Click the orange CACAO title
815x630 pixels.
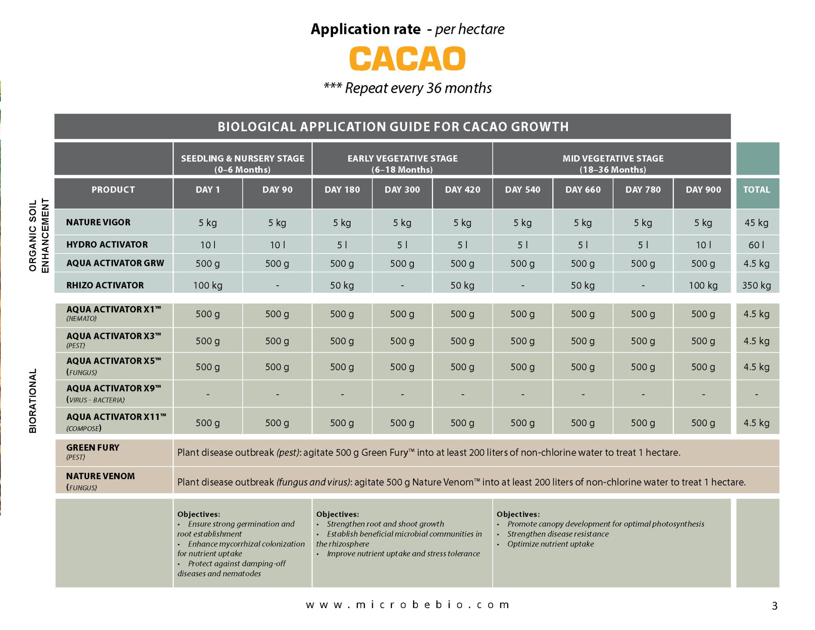[x=407, y=59]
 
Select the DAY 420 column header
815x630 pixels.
[x=462, y=190]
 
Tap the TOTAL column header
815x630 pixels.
[x=757, y=190]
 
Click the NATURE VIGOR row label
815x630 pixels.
[x=98, y=222]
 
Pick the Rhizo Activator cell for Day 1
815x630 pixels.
[x=208, y=285]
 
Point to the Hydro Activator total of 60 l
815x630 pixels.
[x=756, y=245]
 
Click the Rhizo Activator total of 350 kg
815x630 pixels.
[x=756, y=285]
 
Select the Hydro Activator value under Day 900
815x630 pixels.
[x=703, y=245]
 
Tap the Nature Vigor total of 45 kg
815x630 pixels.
[x=756, y=223]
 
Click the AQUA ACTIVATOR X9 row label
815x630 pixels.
[x=113, y=389]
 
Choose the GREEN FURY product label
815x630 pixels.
[x=93, y=448]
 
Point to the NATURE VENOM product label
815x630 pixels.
[x=100, y=476]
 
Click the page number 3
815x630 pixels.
[x=774, y=606]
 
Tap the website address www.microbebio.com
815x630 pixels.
[x=407, y=605]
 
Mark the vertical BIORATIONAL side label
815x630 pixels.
[x=33, y=400]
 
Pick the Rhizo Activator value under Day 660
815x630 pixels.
[x=583, y=285]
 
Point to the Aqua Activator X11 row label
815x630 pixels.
[x=116, y=417]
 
